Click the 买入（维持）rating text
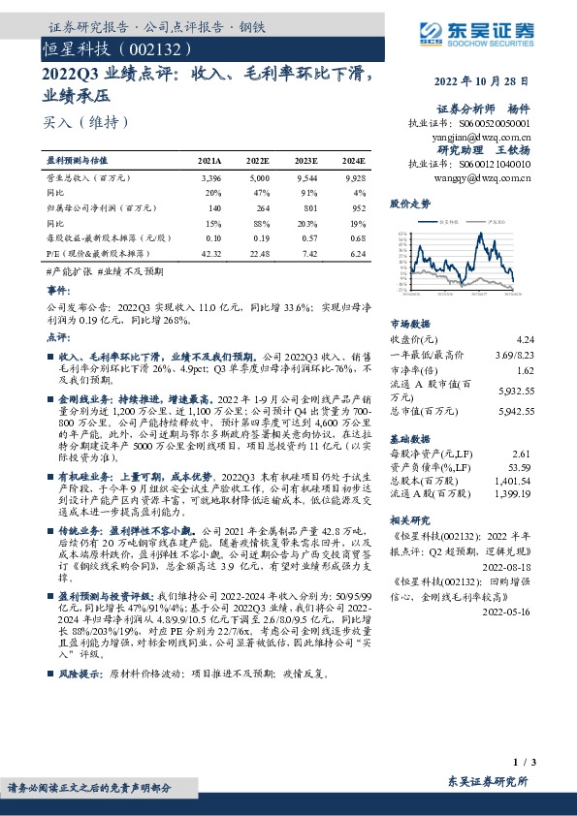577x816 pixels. tap(84, 122)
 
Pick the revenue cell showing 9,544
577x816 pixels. tap(307, 179)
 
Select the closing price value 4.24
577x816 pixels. tap(526, 339)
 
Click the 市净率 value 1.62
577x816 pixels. tap(525, 370)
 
